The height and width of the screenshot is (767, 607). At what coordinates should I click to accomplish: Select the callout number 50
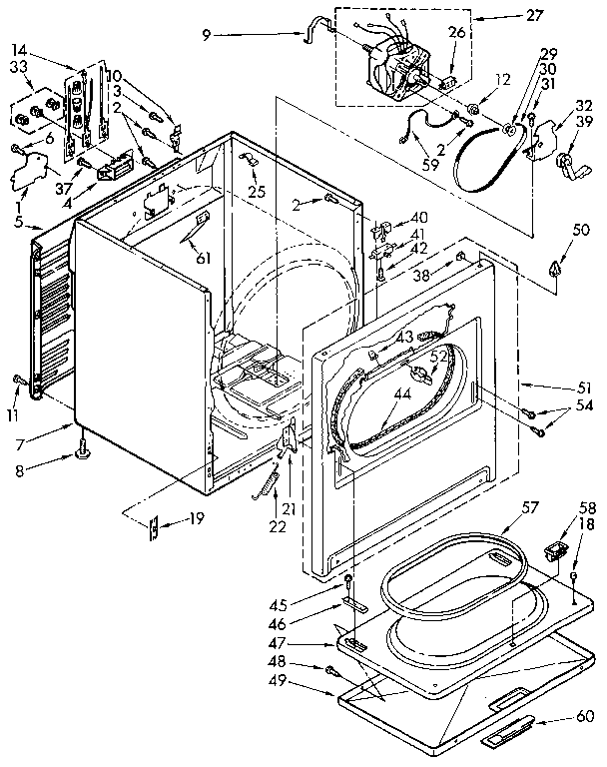pyautogui.click(x=554, y=231)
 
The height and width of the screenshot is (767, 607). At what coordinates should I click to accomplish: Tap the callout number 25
pyautogui.click(x=258, y=191)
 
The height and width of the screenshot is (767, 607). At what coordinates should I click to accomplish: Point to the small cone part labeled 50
pyautogui.click(x=555, y=265)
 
